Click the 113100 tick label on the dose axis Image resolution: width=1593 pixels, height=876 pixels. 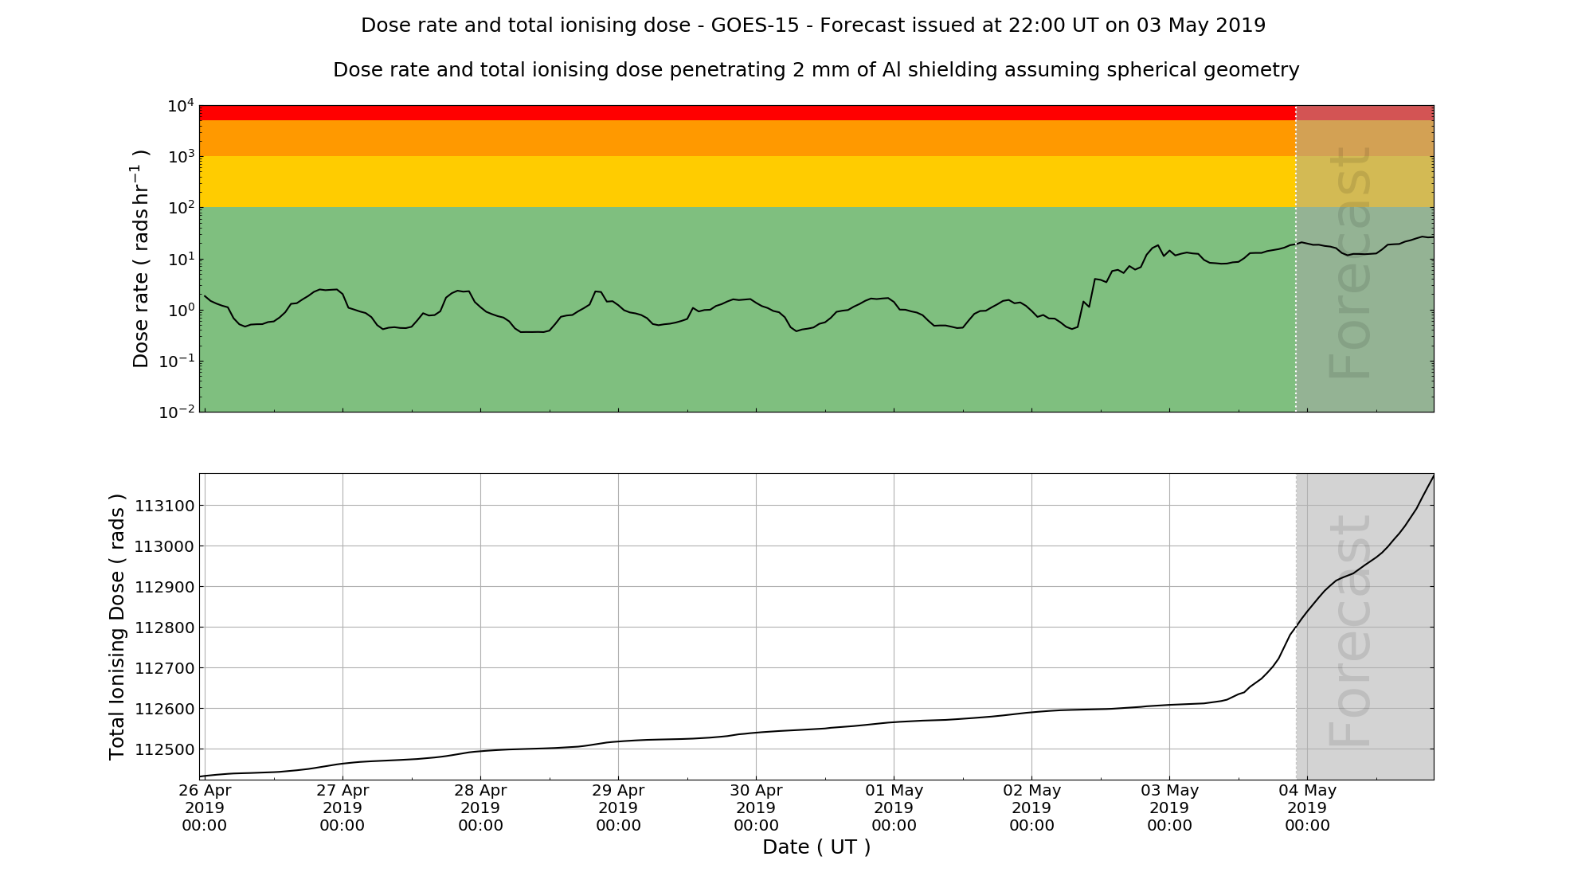163,506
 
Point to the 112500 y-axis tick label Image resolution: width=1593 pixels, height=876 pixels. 163,749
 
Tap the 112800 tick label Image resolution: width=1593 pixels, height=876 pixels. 163,628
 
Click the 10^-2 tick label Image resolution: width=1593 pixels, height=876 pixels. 176,412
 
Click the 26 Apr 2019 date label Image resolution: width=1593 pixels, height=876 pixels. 205,808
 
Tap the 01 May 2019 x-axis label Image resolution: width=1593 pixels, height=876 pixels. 894,808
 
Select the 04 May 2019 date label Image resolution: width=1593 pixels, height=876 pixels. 1307,808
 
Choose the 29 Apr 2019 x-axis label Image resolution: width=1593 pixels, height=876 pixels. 618,808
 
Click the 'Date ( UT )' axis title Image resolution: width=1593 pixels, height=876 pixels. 816,847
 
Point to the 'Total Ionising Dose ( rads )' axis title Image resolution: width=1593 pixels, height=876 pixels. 117,627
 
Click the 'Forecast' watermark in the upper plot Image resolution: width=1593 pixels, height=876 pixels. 1351,263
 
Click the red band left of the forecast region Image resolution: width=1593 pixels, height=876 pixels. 747,113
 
